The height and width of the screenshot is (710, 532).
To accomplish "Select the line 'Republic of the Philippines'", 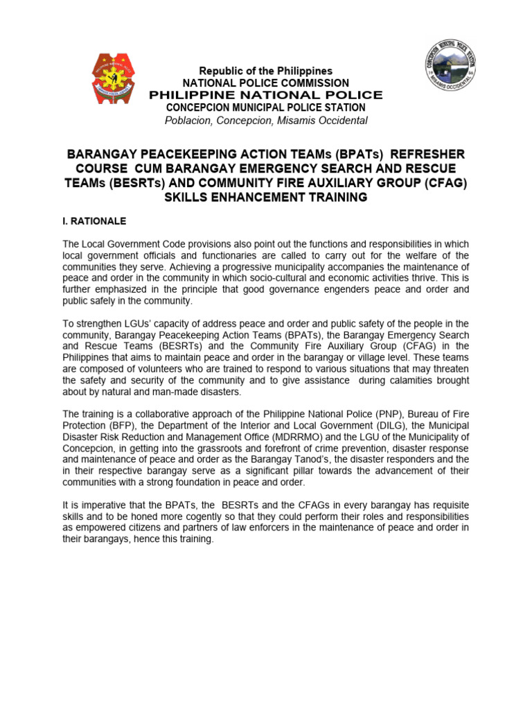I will coord(266,71).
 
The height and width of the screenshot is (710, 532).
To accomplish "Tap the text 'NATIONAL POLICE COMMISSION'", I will coord(266,83).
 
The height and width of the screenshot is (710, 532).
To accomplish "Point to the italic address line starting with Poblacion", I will coord(266,121).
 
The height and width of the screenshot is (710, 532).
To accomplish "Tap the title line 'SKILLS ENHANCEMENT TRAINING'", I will coord(266,198).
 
